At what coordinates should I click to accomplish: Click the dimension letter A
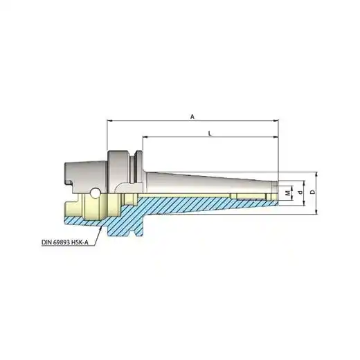click(x=192, y=117)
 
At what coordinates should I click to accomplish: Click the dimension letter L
click(x=210, y=134)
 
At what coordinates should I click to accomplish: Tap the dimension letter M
click(x=287, y=193)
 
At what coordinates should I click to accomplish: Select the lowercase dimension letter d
click(x=300, y=192)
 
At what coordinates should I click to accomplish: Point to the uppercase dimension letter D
click(x=313, y=192)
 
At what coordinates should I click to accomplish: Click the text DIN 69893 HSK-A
click(x=65, y=242)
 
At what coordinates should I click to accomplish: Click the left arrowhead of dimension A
click(x=110, y=120)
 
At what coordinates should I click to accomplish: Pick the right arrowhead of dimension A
click(x=276, y=120)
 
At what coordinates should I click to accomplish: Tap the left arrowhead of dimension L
click(x=145, y=137)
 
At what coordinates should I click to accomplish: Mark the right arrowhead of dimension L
click(x=276, y=137)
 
